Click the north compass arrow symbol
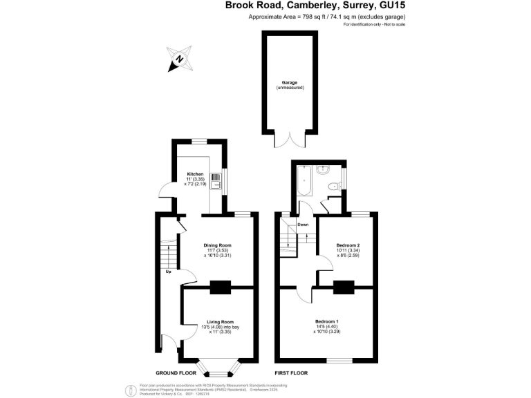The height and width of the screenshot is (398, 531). (178, 59)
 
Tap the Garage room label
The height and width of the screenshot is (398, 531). (289, 82)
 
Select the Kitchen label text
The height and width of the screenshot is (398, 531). (196, 174)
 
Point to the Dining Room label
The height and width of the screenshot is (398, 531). (217, 245)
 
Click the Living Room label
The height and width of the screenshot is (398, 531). (220, 322)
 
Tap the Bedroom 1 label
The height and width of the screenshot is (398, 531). (326, 322)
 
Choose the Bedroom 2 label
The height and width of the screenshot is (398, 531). (348, 245)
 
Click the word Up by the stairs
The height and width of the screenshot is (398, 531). (168, 271)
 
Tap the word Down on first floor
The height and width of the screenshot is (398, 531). (303, 225)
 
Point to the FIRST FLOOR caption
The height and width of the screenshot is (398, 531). (290, 372)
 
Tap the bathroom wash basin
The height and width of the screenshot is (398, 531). (322, 169)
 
